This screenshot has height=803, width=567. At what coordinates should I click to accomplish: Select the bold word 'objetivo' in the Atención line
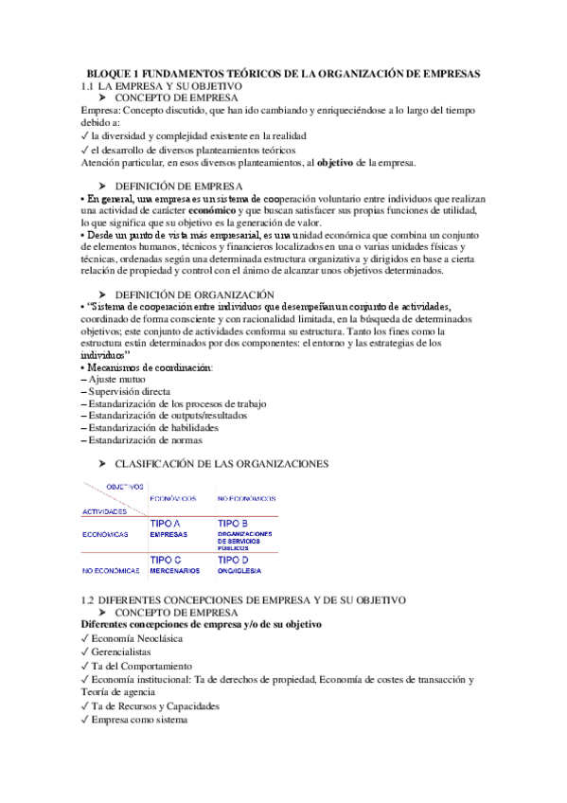click(x=335, y=163)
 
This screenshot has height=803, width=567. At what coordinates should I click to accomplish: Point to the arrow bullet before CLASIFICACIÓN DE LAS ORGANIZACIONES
click(x=102, y=463)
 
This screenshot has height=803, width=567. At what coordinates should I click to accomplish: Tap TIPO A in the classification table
click(x=167, y=523)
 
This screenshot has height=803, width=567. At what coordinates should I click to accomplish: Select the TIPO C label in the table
click(x=167, y=560)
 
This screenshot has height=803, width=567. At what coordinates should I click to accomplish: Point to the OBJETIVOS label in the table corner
click(x=116, y=486)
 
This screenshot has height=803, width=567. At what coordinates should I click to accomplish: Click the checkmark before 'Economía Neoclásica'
click(x=85, y=638)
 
